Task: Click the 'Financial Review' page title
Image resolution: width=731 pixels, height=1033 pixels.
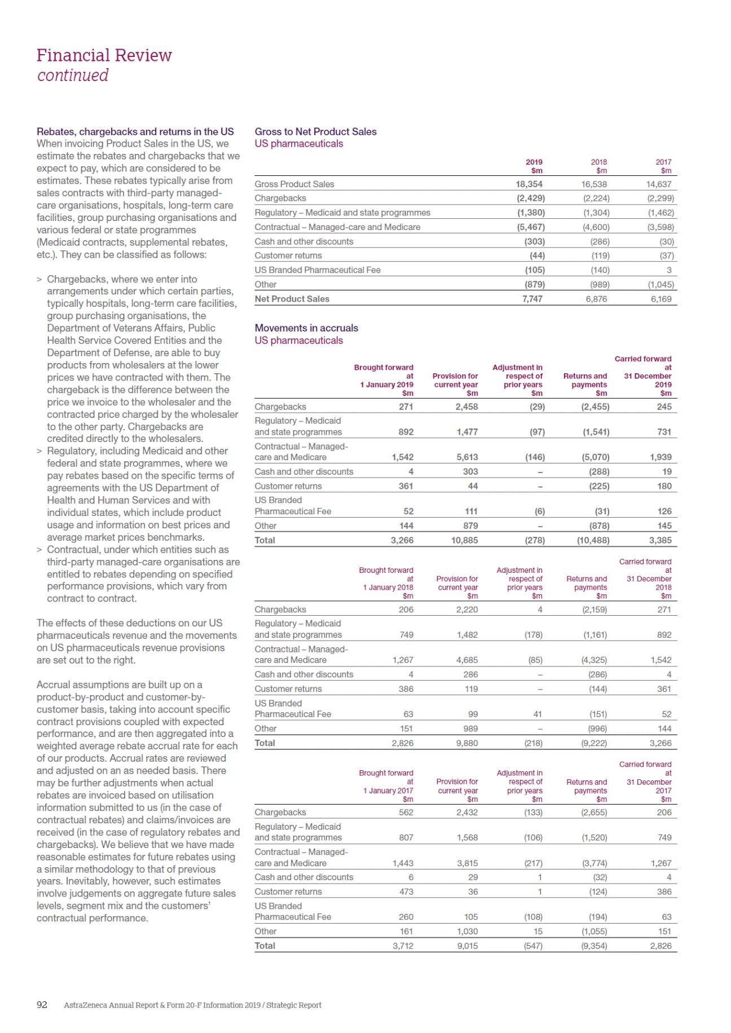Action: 104,55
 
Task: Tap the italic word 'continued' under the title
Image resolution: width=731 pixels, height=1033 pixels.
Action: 73,75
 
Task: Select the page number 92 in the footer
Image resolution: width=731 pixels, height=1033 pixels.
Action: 42,1005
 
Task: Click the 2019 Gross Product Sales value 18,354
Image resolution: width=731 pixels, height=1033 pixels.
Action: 529,184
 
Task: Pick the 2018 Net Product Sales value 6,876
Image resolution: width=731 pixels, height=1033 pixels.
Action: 596,299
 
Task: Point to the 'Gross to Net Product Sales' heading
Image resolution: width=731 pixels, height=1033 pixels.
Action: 315,131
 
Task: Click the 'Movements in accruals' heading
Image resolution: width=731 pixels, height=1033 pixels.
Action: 306,328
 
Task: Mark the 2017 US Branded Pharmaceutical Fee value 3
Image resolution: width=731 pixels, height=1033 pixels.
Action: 669,270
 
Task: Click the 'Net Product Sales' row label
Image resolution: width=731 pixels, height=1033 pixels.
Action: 292,299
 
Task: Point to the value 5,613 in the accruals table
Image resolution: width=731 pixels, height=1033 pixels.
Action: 467,457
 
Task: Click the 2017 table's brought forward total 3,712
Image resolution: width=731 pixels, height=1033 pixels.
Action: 403,946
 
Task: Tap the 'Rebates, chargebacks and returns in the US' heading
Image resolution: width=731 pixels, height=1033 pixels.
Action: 135,131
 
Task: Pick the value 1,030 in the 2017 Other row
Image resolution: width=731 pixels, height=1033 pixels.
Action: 467,932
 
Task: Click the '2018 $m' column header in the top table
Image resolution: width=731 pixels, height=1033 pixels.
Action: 599,166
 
